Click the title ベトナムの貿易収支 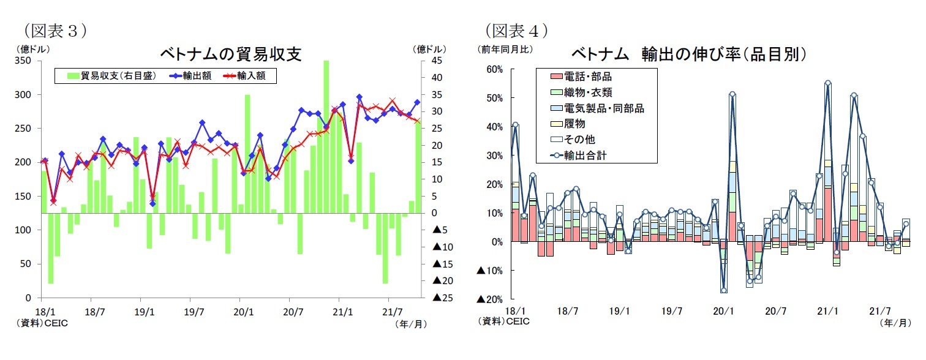coord(231,54)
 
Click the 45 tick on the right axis coord(438,61)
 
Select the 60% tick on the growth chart coord(494,69)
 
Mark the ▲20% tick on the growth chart coord(489,299)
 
